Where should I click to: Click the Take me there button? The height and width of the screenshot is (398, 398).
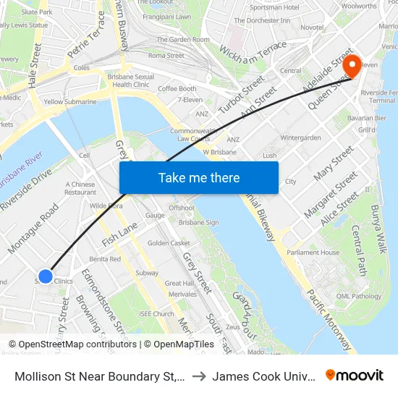[199, 177]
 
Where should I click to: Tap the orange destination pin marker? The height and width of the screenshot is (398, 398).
[352, 66]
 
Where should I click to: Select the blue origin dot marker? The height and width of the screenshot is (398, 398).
[45, 276]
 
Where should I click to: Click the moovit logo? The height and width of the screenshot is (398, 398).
[355, 375]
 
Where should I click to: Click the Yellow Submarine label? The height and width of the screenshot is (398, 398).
[70, 102]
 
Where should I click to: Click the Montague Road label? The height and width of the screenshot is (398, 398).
[33, 229]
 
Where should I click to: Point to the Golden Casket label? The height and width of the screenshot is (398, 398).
[169, 243]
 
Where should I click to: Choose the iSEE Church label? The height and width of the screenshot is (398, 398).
[157, 314]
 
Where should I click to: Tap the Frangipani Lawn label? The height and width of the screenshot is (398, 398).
[166, 16]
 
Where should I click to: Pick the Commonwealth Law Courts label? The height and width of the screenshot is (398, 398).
[190, 135]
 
